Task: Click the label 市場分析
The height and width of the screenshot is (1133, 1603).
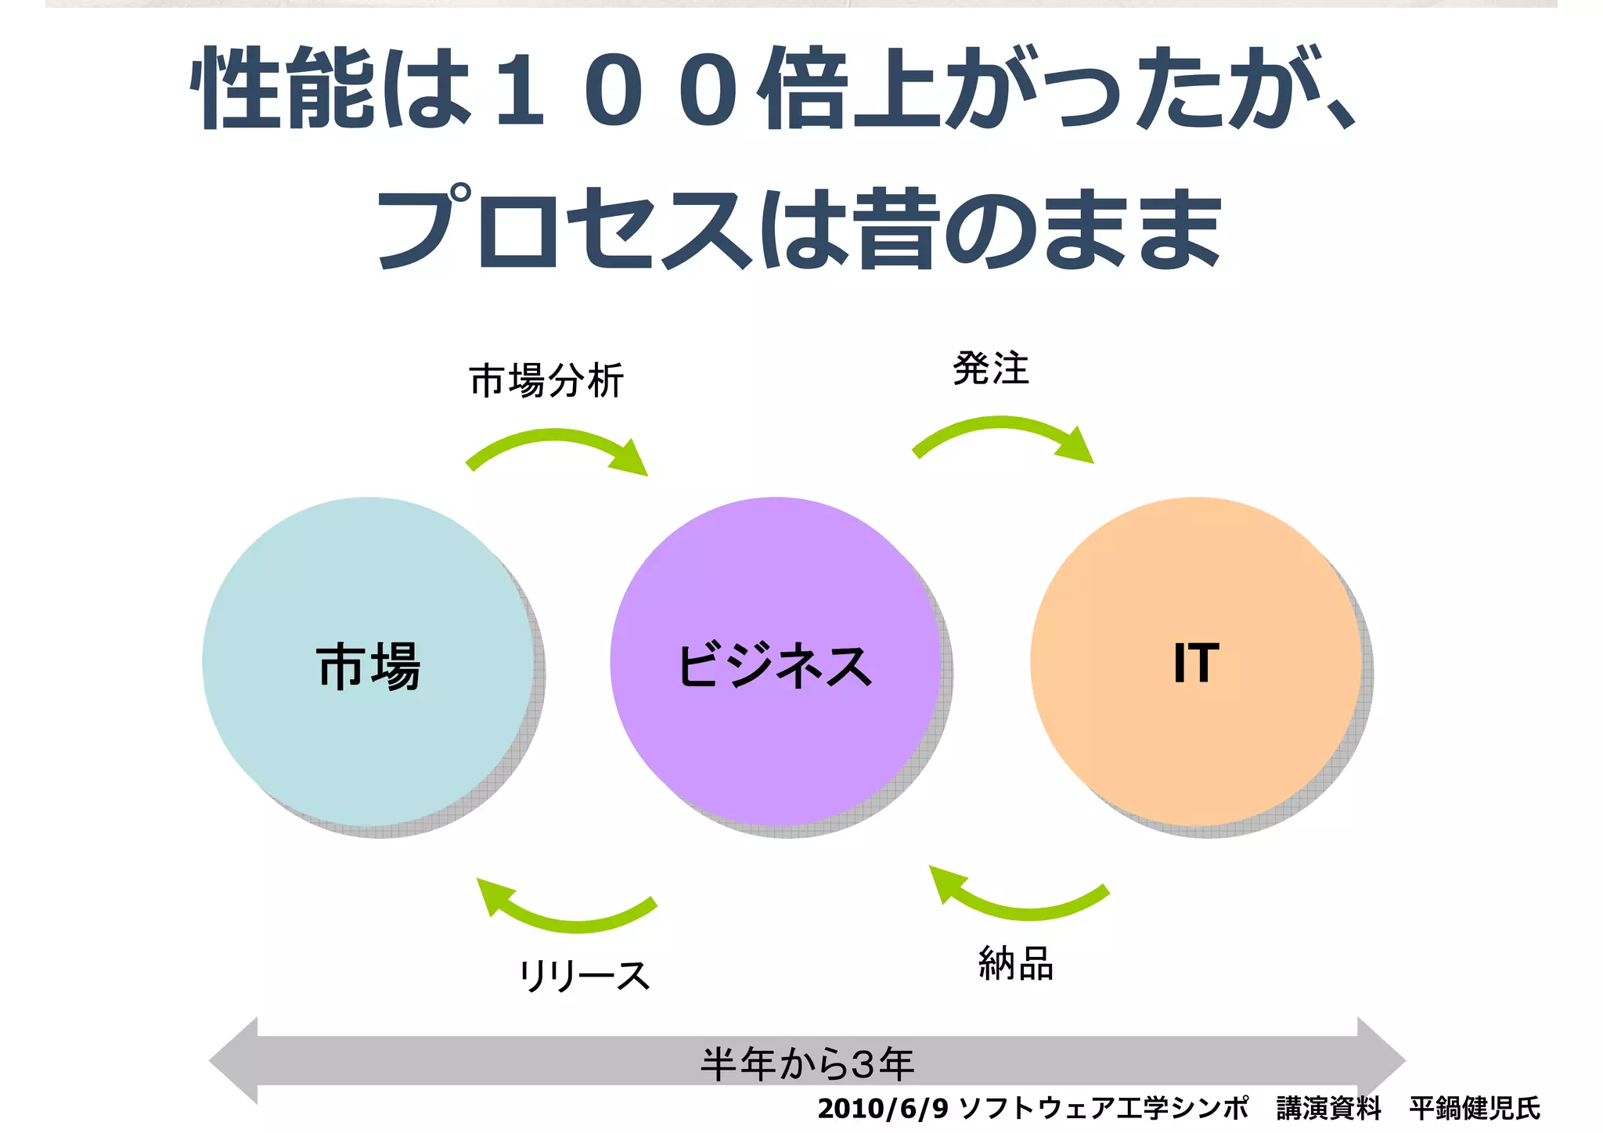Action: pyautogui.click(x=546, y=381)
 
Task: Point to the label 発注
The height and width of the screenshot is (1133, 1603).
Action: pyautogui.click(x=990, y=369)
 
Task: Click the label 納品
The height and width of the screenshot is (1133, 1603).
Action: pyautogui.click(x=1015, y=963)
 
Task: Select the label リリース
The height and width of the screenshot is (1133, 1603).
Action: pyautogui.click(x=584, y=976)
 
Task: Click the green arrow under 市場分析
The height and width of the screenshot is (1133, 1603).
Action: pyautogui.click(x=556, y=446)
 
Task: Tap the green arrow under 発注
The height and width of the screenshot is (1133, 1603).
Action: pyautogui.click(x=1002, y=433)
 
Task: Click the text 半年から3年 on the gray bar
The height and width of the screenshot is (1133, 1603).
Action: pyautogui.click(x=807, y=1063)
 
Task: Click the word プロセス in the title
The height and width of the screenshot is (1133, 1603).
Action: pyautogui.click(x=564, y=228)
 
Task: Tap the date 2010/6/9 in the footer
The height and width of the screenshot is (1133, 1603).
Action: pyautogui.click(x=882, y=1108)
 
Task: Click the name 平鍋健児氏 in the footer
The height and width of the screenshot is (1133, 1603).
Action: pyautogui.click(x=1474, y=1108)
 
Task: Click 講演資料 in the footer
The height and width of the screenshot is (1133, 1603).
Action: pyautogui.click(x=1328, y=1108)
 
